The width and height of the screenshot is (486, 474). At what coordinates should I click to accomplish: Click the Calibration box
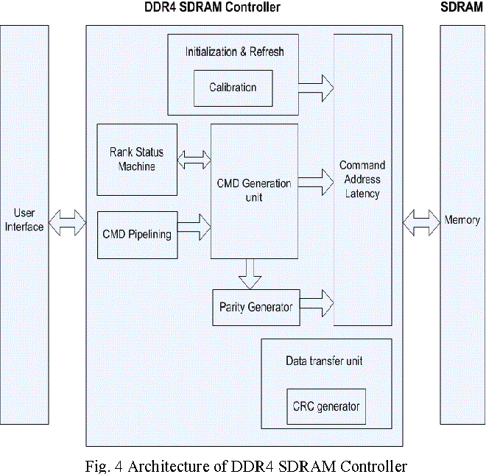[x=233, y=88]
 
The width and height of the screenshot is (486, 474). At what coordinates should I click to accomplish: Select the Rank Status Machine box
[x=137, y=160]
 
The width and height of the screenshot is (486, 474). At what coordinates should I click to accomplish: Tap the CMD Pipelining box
[x=137, y=235]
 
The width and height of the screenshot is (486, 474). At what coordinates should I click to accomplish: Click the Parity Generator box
[x=256, y=306]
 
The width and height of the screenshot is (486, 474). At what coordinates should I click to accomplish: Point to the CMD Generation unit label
[x=255, y=190]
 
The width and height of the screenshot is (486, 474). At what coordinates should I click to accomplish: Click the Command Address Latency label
[x=362, y=180]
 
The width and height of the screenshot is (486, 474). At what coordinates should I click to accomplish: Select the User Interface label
[x=24, y=220]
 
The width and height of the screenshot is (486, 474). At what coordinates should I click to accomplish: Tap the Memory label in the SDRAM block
[x=462, y=220]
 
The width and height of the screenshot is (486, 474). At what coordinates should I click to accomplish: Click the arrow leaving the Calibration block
[x=317, y=88]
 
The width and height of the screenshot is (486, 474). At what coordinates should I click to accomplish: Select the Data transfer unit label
[x=324, y=361]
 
